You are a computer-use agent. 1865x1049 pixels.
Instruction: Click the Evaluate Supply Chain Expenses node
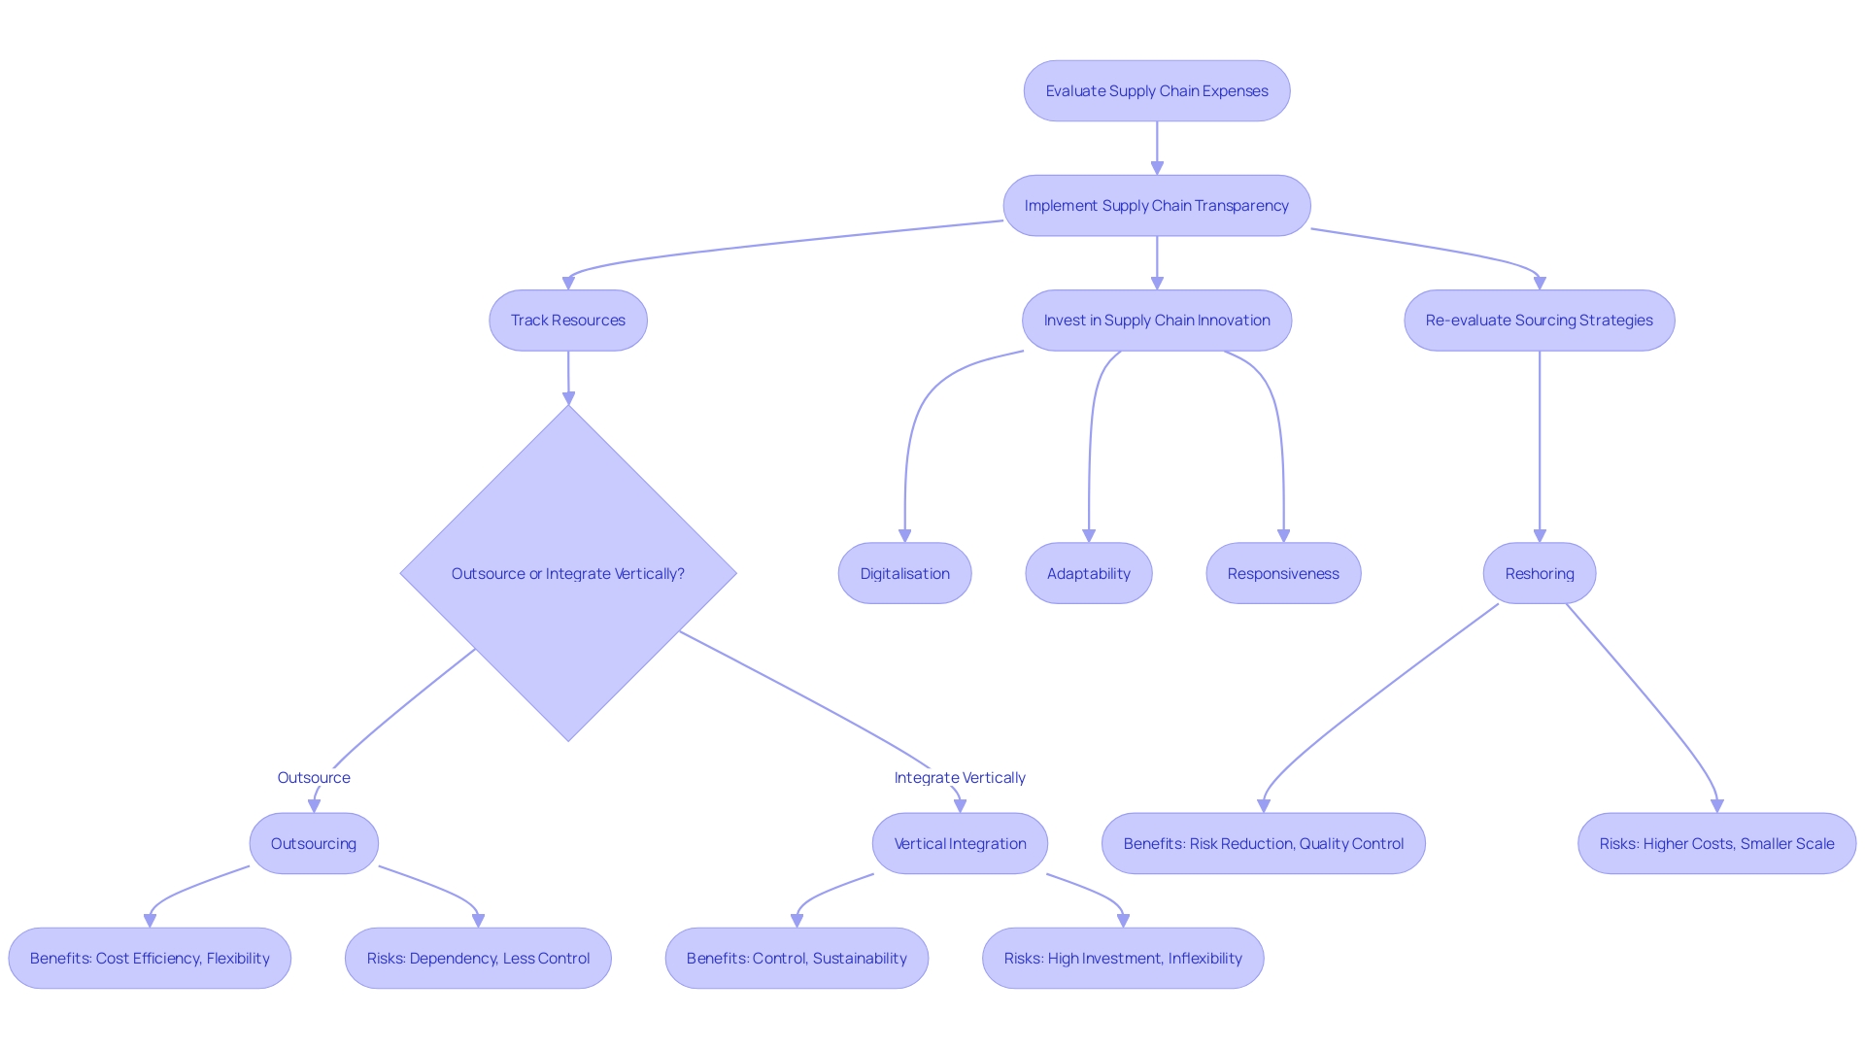pos(1156,91)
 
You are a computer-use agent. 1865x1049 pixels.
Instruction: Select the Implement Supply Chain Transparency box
pos(1156,206)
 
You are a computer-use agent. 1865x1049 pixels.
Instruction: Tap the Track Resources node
pos(568,321)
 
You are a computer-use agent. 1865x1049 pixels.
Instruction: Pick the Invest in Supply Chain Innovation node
pos(1156,321)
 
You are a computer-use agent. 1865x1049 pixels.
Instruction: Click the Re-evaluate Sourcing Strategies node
pos(1539,321)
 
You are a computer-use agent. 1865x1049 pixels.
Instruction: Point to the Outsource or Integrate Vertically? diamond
pos(568,573)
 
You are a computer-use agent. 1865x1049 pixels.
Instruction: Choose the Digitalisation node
pos(904,573)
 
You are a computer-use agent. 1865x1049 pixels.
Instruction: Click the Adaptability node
pos(1088,573)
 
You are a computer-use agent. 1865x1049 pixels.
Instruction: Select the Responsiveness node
pos(1282,573)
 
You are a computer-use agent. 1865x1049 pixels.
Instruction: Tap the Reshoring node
pos(1539,573)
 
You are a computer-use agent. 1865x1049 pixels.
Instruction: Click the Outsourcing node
pos(313,843)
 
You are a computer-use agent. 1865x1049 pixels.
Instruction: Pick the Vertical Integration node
pos(960,843)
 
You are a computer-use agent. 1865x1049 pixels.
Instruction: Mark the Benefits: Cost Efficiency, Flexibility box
pos(150,958)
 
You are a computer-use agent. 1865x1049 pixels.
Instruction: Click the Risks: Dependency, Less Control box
pos(478,958)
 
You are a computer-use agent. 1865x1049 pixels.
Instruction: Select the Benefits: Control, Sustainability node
pos(797,958)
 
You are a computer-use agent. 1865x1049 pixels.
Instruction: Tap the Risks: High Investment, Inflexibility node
pos(1123,958)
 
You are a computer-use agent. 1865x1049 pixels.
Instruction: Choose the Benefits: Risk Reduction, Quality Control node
pos(1263,843)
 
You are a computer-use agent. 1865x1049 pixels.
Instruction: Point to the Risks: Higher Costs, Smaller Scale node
pos(1716,843)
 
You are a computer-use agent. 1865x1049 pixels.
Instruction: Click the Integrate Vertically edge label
pos(960,777)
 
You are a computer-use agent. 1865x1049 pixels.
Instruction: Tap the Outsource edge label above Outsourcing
pos(313,777)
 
